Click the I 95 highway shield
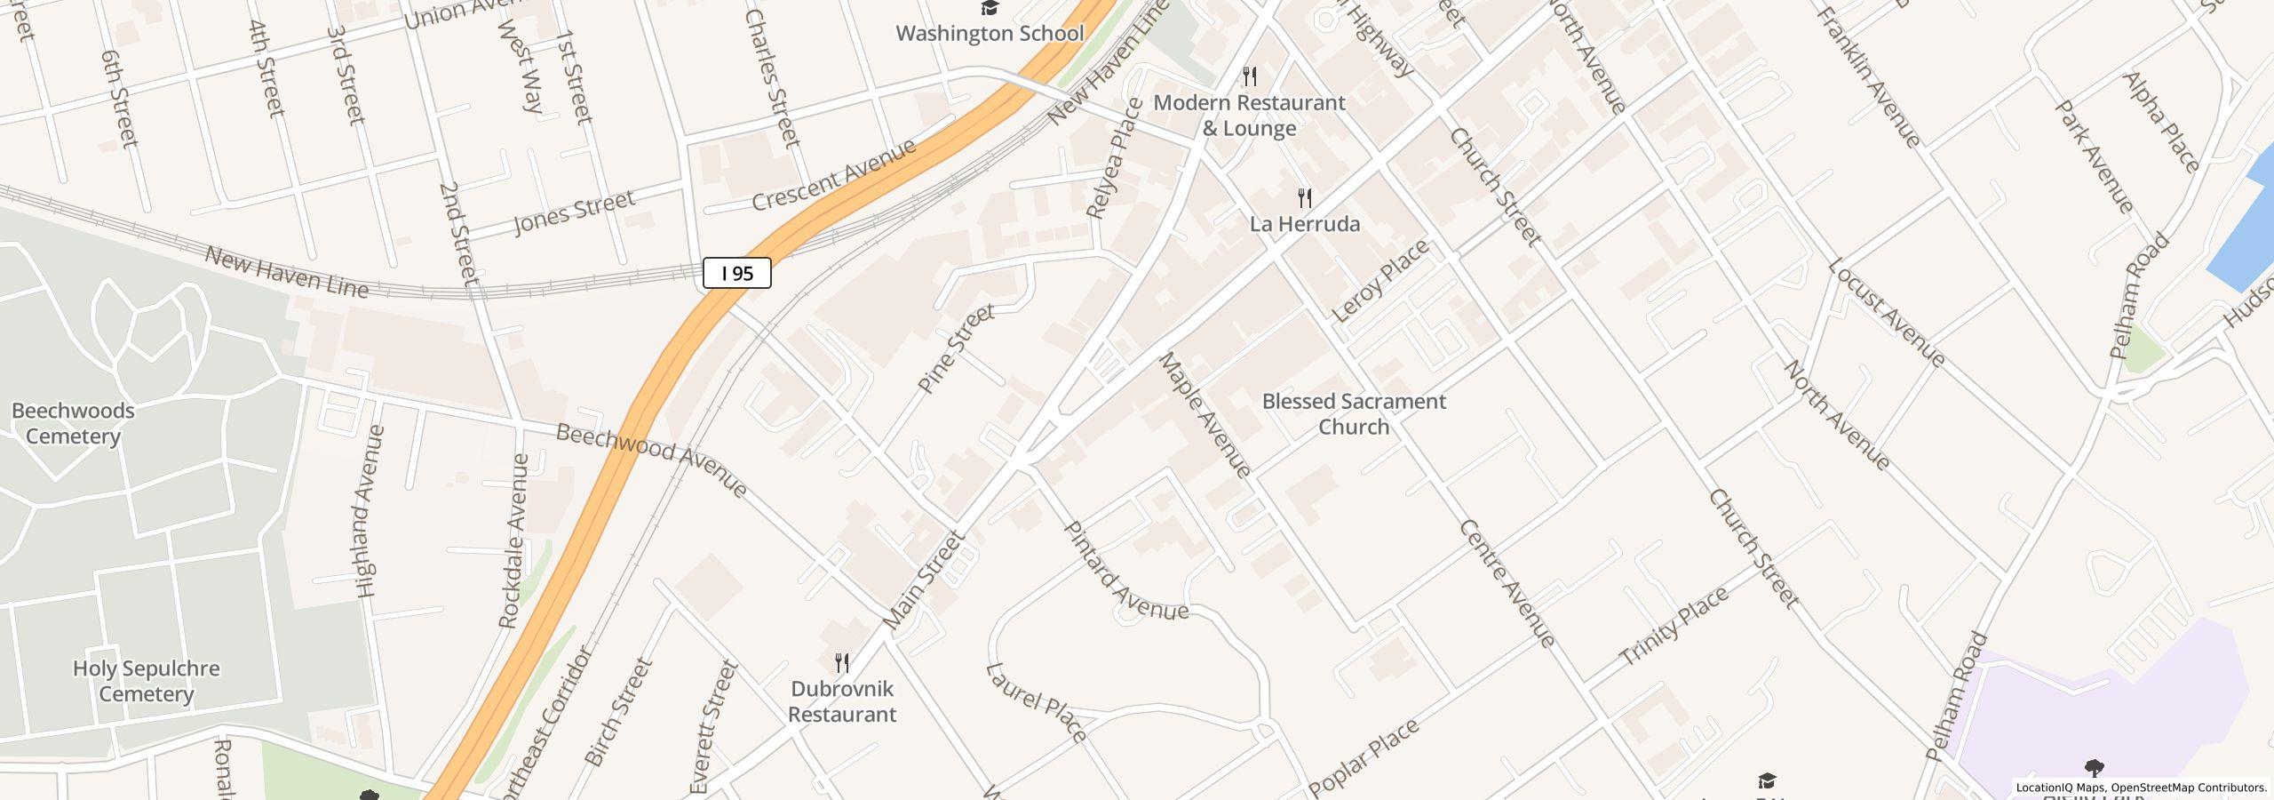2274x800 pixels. coord(736,273)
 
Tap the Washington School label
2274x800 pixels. coord(989,34)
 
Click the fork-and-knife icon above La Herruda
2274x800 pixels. coord(1304,197)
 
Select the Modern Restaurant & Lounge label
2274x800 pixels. coord(1249,116)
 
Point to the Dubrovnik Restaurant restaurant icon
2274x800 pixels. coord(841,663)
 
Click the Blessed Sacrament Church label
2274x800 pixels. coord(1353,414)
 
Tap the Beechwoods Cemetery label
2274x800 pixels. coord(73,423)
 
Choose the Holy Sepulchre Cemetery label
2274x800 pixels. coord(146,681)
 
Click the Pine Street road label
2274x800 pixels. coord(956,349)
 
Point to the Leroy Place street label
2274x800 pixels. coord(1380,281)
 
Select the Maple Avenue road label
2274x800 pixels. coord(1205,414)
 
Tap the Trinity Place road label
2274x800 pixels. coord(1674,627)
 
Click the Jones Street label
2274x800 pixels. coord(575,212)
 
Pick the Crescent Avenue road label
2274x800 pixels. coord(833,175)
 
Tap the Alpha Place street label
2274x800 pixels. coord(2160,122)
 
